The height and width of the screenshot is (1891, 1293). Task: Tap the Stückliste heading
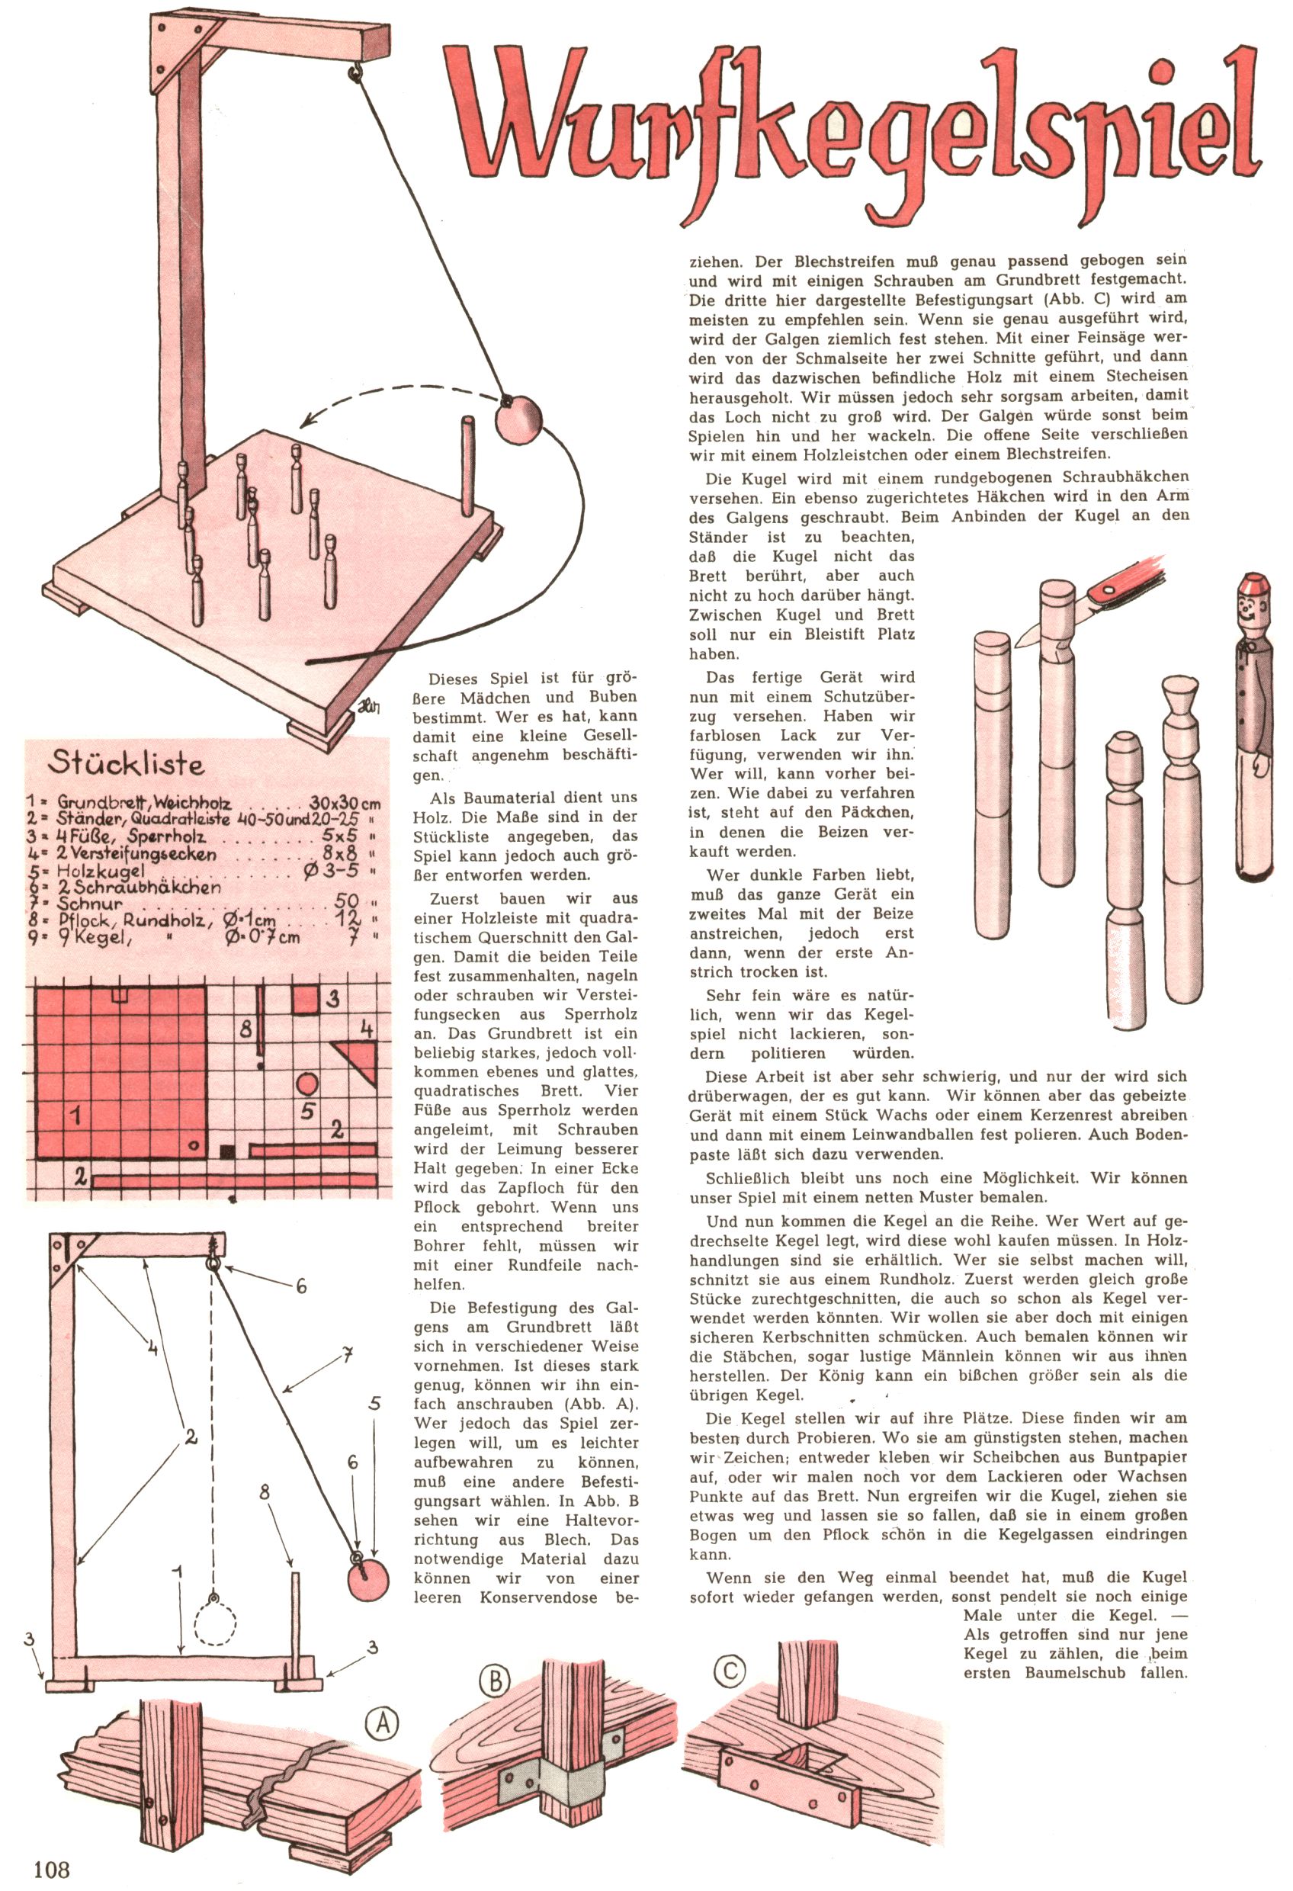click(126, 762)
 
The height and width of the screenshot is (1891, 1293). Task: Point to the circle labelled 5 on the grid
click(306, 1084)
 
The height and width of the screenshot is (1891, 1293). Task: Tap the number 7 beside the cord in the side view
click(347, 1356)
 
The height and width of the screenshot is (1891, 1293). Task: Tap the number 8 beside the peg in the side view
click(264, 1492)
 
